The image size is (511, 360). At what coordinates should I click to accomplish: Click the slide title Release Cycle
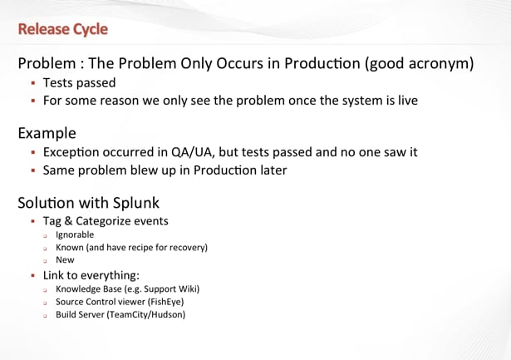point(63,29)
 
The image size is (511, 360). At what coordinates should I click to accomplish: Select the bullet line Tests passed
point(79,83)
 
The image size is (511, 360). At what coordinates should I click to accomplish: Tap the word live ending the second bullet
point(408,100)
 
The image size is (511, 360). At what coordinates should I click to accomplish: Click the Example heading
point(47,134)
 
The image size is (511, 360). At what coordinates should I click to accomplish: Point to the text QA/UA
point(192,152)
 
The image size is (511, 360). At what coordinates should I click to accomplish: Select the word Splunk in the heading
point(136,204)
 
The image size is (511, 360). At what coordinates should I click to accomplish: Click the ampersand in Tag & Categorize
point(68,221)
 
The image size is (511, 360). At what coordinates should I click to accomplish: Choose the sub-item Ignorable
point(75,235)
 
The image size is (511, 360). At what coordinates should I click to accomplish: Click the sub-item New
point(65,260)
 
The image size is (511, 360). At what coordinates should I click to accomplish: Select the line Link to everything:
point(91,275)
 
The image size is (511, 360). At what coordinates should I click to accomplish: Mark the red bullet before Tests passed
point(33,83)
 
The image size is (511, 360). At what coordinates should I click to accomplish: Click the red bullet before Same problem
point(33,170)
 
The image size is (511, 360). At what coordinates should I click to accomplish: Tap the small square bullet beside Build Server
point(45,316)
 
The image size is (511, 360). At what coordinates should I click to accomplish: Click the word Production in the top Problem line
point(322,63)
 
